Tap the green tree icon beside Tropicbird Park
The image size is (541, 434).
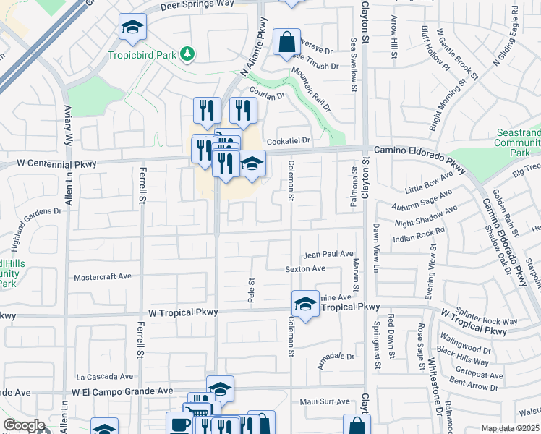tap(187, 54)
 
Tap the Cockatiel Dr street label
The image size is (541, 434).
tap(288, 140)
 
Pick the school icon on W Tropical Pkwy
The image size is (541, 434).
tap(305, 304)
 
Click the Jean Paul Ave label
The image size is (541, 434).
tap(328, 255)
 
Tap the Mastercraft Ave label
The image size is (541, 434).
tap(103, 277)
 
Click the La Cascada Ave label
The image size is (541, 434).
tap(105, 377)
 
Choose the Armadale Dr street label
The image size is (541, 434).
tap(336, 357)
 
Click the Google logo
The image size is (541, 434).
tap(25, 426)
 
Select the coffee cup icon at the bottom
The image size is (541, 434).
tap(178, 424)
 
